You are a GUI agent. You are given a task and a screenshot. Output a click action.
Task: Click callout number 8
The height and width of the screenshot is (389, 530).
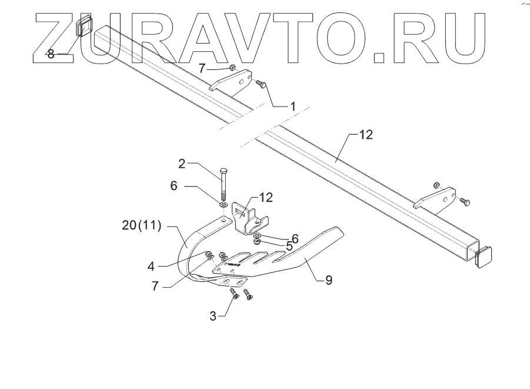pos(51,54)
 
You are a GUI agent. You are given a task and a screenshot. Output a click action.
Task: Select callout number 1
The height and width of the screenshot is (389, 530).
pos(292,107)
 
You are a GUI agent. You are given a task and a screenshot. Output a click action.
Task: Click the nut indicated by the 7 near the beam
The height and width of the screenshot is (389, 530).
pos(234,69)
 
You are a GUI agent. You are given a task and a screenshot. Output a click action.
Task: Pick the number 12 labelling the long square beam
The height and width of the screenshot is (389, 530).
pos(365,135)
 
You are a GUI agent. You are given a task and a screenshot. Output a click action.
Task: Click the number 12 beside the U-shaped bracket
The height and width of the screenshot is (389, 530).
pos(266,197)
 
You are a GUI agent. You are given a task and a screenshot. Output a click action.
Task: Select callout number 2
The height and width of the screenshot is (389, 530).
pos(182,163)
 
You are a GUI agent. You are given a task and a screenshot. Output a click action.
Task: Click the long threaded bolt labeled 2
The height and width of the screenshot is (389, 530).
pos(224,182)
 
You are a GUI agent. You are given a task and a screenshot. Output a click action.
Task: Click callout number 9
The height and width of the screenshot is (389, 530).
pos(328,280)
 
